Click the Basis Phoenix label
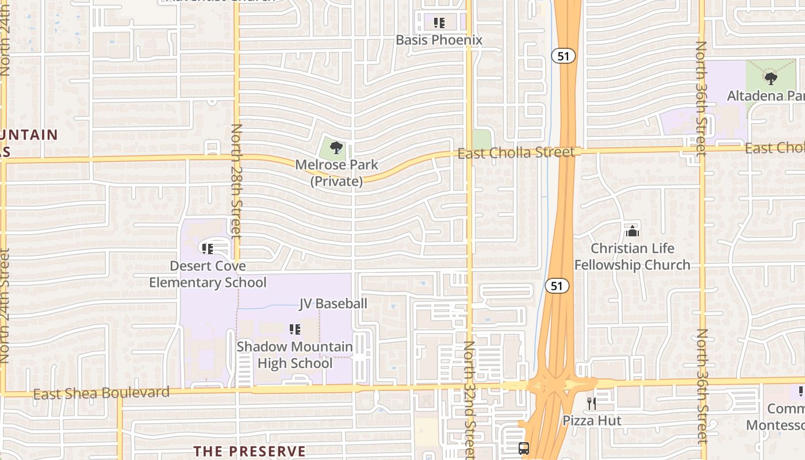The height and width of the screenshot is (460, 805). point(439,40)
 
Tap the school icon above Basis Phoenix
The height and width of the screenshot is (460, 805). point(439,23)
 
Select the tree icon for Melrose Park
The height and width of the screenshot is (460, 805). point(336,148)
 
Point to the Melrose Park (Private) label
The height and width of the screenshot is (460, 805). point(337,173)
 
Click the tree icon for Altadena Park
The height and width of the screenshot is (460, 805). point(771,79)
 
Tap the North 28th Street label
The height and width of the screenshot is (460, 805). point(236,181)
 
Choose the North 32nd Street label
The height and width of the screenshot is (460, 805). point(470,399)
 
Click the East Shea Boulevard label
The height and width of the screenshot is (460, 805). point(101,393)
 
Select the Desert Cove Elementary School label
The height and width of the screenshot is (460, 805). point(208,274)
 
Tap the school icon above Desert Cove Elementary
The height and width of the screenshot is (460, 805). point(208,249)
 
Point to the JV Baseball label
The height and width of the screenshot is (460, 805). point(333,304)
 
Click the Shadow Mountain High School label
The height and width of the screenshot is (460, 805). point(295,355)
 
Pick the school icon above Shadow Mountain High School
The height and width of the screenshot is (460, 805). point(295,329)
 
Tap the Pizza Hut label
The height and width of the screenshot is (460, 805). point(592,420)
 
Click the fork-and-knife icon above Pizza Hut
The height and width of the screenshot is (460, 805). point(592,404)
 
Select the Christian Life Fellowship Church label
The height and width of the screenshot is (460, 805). point(632,256)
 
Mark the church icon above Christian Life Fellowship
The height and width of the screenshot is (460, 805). point(632,231)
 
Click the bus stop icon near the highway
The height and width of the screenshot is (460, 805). point(524,448)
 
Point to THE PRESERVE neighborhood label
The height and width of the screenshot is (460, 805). point(249,451)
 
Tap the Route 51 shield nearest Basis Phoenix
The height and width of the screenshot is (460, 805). point(563,56)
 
